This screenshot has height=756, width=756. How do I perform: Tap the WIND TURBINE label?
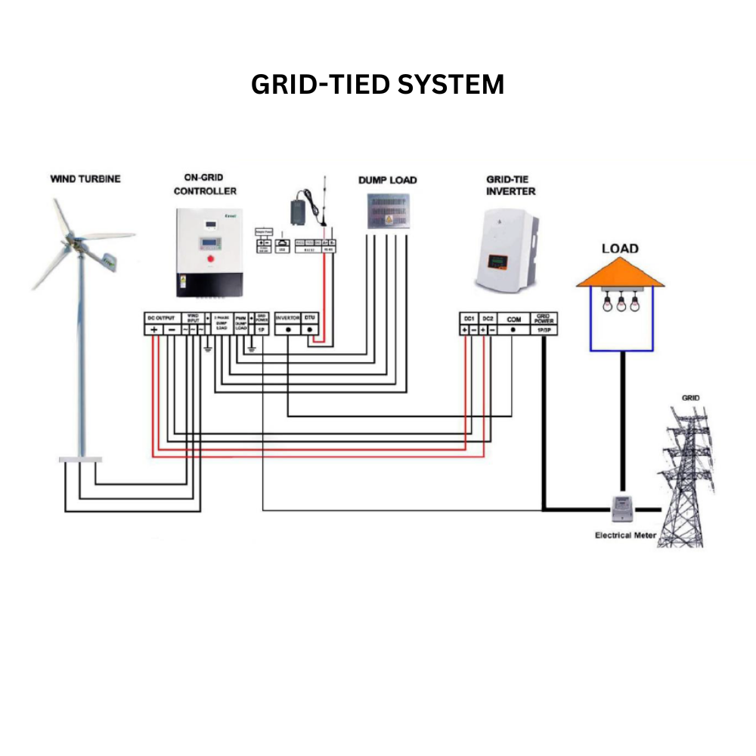point(85,179)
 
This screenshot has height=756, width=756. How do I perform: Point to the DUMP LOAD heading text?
point(387,180)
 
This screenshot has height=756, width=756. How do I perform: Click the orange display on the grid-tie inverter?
point(496,262)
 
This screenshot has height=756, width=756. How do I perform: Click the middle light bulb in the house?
point(621,304)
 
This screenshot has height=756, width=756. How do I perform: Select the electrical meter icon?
point(622,507)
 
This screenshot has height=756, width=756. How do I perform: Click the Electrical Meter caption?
point(625,535)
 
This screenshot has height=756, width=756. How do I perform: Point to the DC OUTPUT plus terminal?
point(153,330)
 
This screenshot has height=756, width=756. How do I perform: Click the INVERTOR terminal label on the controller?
point(288,319)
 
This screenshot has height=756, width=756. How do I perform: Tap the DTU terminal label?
point(310,319)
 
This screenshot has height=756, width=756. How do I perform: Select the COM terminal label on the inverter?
point(513,319)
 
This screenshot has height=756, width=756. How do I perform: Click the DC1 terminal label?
point(469,319)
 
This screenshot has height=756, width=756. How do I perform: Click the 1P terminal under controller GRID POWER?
point(262,330)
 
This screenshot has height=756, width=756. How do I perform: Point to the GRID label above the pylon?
point(690,398)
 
